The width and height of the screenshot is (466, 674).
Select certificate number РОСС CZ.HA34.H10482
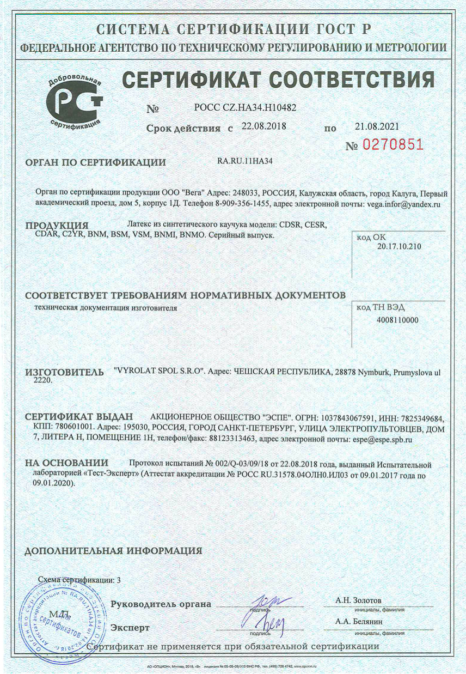click(x=245, y=108)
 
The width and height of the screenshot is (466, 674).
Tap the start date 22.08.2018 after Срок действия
click(x=264, y=126)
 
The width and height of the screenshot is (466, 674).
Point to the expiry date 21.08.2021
click(x=377, y=126)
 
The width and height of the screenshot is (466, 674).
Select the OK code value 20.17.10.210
click(x=398, y=247)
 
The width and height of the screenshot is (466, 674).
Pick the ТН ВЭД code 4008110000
click(x=398, y=320)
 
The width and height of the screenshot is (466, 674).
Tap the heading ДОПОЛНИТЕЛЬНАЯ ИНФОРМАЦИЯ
click(x=114, y=550)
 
